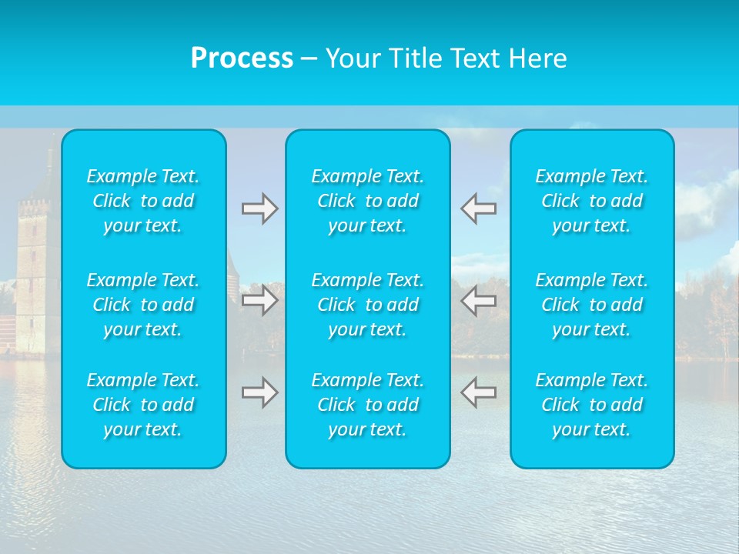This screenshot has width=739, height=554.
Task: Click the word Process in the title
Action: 242,58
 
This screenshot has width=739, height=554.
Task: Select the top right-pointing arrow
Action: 259,209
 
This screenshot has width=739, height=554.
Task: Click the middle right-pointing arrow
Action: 259,300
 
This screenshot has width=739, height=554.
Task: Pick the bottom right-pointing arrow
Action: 259,392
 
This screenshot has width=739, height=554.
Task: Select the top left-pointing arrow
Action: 478,209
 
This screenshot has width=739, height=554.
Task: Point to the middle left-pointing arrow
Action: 478,300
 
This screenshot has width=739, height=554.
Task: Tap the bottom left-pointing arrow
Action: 478,392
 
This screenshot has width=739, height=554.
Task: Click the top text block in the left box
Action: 143,201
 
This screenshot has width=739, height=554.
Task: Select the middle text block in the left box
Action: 143,305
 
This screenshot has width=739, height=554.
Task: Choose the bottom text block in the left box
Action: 143,405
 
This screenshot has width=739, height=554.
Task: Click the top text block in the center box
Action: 368,201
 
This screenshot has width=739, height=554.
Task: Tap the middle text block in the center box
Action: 368,305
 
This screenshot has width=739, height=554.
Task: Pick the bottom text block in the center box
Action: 368,405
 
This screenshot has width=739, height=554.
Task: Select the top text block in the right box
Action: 592,201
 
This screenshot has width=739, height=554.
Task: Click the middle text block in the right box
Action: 592,305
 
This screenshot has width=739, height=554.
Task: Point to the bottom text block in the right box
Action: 592,405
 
